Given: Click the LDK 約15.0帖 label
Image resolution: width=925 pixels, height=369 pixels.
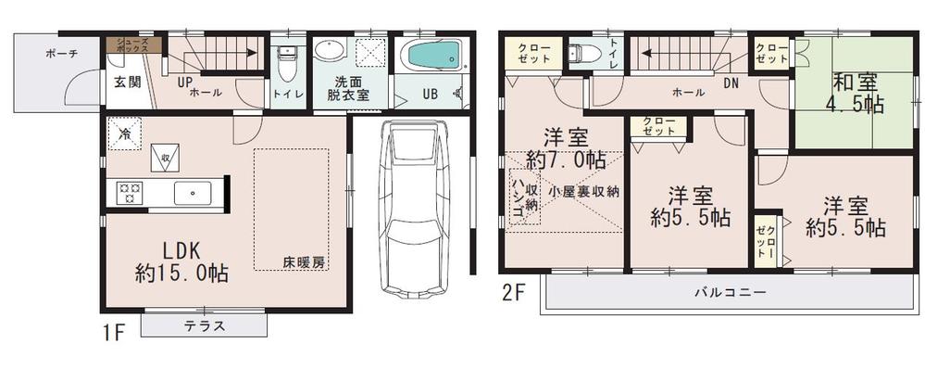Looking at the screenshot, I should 182,261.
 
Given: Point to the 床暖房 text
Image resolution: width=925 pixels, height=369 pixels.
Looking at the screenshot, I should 304,263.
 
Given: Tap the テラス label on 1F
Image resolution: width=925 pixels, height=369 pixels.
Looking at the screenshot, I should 202,325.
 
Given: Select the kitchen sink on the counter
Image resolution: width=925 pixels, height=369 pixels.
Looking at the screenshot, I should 193,194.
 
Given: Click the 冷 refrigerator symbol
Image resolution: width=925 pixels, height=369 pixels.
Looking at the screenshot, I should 123,134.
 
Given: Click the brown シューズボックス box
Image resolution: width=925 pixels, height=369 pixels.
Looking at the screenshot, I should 133,44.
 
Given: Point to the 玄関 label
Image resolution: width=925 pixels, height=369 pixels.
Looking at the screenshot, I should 127,82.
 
